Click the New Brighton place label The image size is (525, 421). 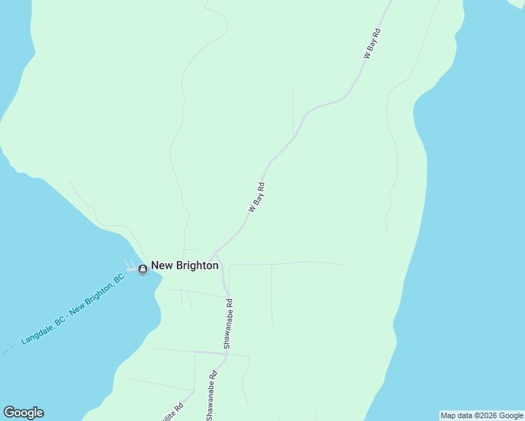[x=185, y=266]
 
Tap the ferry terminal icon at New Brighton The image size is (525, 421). [x=142, y=269]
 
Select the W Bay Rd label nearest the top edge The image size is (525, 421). [x=371, y=43]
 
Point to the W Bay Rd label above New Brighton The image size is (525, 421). [x=256, y=197]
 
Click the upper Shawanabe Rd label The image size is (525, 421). [x=228, y=323]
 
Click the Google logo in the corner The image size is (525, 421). [x=23, y=413]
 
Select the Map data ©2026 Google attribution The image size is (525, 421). [x=481, y=415]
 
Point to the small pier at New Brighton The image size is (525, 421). [x=132, y=267]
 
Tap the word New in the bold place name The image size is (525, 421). [x=162, y=266]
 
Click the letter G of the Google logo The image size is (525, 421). [x=8, y=413]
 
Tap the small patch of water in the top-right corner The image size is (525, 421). [x=518, y=4]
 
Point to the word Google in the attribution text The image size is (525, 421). [x=511, y=415]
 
